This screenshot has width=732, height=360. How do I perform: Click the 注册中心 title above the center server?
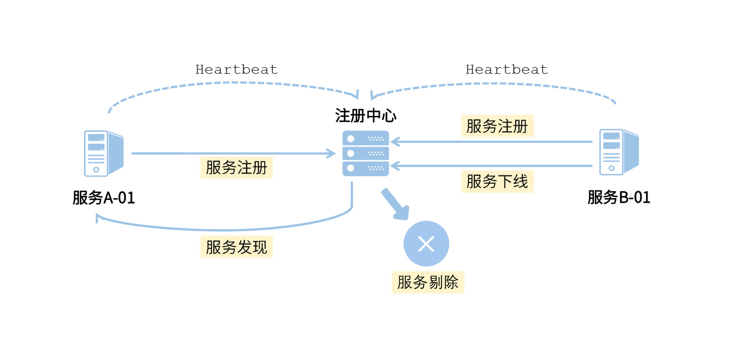point(366,116)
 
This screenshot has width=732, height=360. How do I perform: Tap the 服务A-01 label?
point(104,198)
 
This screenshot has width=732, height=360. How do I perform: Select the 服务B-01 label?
point(619,198)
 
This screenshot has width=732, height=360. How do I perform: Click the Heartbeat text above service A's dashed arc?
point(236,70)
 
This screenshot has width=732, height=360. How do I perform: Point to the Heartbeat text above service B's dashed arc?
point(507,70)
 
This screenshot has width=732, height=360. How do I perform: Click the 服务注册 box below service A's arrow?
point(236,168)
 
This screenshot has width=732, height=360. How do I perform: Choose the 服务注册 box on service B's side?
point(497,126)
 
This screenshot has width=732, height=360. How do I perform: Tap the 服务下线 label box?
point(497,181)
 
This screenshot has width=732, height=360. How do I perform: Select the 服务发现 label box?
point(236,247)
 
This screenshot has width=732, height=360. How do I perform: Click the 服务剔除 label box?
point(428,282)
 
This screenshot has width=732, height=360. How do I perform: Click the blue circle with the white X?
point(426,244)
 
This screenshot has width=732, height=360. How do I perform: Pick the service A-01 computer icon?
point(104,153)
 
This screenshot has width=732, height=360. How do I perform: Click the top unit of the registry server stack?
point(366,138)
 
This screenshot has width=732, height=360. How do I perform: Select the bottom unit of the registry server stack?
point(366,168)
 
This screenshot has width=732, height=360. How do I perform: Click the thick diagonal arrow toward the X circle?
point(395,204)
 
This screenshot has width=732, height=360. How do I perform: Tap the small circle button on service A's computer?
point(96,169)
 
